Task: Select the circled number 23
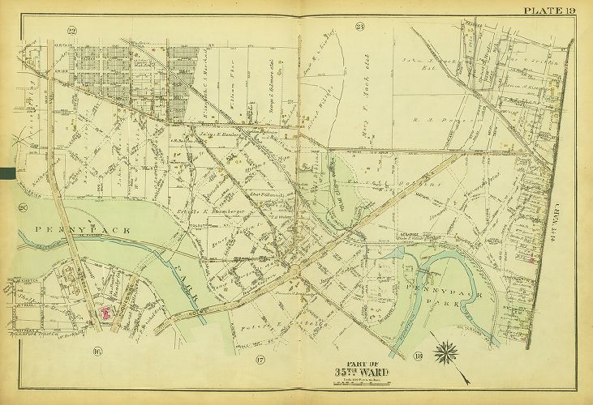(359, 30)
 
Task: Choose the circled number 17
(260, 359)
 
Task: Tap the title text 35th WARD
(361, 372)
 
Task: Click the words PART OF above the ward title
(361, 361)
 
